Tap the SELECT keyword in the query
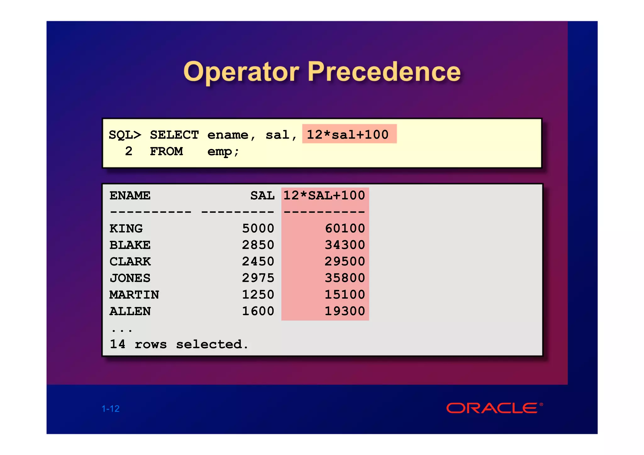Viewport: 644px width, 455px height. (x=174, y=135)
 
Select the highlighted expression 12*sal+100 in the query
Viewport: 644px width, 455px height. (x=348, y=134)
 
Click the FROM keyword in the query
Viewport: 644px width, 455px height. (x=166, y=151)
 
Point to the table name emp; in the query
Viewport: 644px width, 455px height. (x=223, y=151)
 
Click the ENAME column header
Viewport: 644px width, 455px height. (x=130, y=195)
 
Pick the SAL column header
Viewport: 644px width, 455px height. (x=262, y=195)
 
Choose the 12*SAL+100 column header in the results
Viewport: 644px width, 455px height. (x=324, y=195)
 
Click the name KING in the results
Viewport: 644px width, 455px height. (x=126, y=228)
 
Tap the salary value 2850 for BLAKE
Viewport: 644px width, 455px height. (x=258, y=245)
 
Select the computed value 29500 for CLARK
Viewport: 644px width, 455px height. (x=345, y=261)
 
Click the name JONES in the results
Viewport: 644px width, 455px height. (x=130, y=278)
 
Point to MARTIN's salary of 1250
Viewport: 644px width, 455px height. (x=258, y=294)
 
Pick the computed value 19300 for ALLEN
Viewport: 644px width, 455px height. (x=345, y=311)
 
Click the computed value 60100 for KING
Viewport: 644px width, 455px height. (x=345, y=228)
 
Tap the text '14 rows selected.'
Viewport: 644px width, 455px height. (x=179, y=344)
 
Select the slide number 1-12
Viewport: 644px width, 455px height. (x=111, y=408)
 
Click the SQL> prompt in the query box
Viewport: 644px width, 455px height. (x=125, y=135)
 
